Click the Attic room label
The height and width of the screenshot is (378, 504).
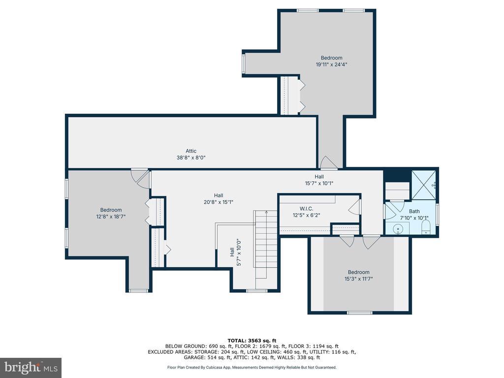191,151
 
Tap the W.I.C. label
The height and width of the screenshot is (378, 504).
306,209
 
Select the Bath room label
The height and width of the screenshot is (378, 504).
414,211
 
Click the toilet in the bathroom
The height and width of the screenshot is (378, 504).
426,227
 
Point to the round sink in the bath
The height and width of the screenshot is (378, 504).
398,229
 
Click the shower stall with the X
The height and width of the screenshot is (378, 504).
424,185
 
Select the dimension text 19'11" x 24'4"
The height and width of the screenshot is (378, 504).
331,64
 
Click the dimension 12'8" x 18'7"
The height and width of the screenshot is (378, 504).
111,217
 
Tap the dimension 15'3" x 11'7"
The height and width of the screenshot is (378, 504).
358,279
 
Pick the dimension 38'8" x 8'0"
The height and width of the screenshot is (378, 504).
191,157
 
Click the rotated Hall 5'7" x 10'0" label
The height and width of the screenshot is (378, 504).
235,252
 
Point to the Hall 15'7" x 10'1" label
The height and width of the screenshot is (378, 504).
319,180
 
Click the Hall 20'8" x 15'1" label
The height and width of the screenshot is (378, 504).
219,199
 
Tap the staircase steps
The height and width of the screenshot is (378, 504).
266,240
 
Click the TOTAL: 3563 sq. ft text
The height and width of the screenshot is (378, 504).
252,341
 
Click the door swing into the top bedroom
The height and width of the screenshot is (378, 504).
328,162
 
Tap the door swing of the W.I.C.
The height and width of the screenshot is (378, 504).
354,207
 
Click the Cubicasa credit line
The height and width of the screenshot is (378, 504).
252,367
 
